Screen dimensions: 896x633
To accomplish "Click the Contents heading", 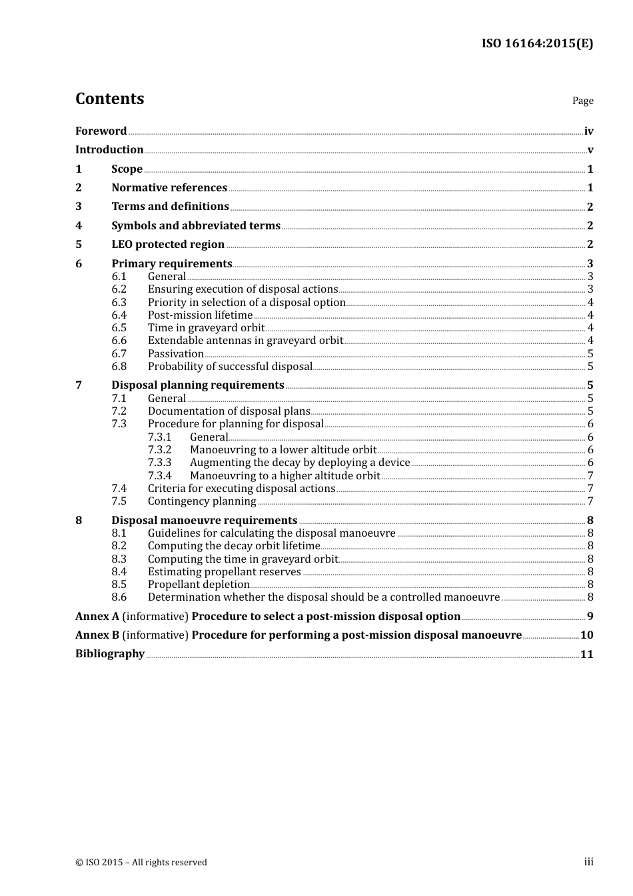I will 109,99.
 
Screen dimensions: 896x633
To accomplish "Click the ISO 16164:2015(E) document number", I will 537,44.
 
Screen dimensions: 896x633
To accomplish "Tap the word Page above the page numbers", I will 582,101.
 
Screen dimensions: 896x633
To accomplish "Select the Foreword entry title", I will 101,131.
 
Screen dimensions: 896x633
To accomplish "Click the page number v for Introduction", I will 590,150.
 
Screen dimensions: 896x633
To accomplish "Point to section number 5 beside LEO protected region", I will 79,245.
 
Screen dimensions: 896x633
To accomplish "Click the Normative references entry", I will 169,188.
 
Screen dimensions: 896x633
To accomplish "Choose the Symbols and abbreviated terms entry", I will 196,226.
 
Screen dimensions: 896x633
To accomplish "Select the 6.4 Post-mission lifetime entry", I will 200,315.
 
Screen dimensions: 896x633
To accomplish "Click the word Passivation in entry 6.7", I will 176,354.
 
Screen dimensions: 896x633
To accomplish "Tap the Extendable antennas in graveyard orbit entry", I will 245,341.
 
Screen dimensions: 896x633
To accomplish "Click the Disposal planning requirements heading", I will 198,385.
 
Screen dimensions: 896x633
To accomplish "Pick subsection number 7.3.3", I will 159,463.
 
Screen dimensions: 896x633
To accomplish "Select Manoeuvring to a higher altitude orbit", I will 285,476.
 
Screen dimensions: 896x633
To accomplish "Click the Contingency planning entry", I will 202,501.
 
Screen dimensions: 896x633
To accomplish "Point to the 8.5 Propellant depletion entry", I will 199,585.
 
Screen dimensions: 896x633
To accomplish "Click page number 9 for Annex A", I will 590,617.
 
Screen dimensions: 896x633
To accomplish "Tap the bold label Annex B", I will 97,635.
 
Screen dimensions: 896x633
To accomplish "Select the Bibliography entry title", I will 110,654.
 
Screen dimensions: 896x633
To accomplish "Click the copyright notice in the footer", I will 141,863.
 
